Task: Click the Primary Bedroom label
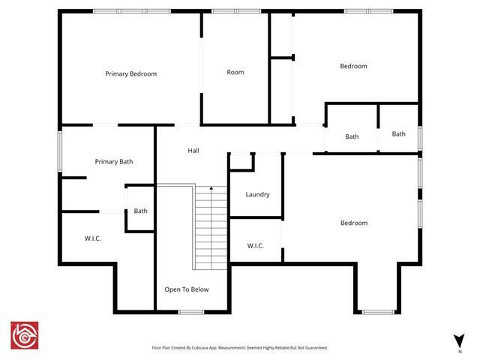(130, 73)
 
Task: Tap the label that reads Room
(235, 72)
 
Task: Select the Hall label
(193, 151)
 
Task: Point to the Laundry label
(257, 194)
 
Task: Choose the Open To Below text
(187, 289)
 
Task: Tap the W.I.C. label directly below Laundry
(255, 245)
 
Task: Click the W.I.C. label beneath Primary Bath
(92, 238)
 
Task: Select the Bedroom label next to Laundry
(354, 223)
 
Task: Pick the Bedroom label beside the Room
(354, 66)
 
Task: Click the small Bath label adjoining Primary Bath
(141, 211)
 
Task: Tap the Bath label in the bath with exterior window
(398, 134)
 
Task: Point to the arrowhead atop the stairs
(211, 187)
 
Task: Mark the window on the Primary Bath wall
(60, 151)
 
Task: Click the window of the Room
(235, 11)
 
